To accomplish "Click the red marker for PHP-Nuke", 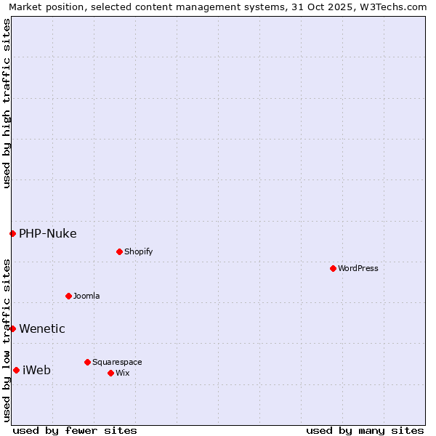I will tap(12, 233).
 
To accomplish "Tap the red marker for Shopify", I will tap(119, 251).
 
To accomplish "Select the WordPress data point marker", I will tap(333, 268).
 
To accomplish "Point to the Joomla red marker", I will tap(68, 296).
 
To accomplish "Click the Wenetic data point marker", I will tap(12, 328).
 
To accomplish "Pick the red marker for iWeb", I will tap(16, 370).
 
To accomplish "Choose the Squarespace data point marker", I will tap(87, 362).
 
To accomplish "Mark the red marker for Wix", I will tap(110, 373).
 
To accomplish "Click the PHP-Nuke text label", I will tap(48, 233).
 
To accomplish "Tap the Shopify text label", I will tap(138, 251).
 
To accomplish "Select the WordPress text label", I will tap(358, 268).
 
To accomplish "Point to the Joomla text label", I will tap(86, 296).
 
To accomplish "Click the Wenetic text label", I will tap(42, 328).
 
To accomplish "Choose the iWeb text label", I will tap(37, 370).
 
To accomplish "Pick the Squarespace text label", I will tap(117, 362).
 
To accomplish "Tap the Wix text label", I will tap(122, 373).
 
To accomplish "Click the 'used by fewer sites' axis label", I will tap(75, 430).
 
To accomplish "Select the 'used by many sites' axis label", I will tap(365, 430).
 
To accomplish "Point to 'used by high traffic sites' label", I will tap(7, 103).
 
